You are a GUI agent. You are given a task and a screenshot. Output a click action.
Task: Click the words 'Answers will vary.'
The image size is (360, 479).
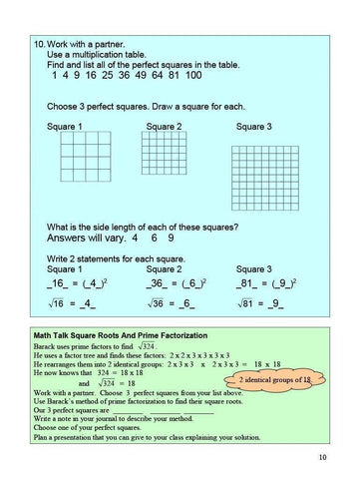(86, 239)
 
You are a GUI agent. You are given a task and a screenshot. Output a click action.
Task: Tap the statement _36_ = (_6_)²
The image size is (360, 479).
(172, 283)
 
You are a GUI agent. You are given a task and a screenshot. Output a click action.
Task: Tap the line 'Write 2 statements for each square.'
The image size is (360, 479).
(115, 257)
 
